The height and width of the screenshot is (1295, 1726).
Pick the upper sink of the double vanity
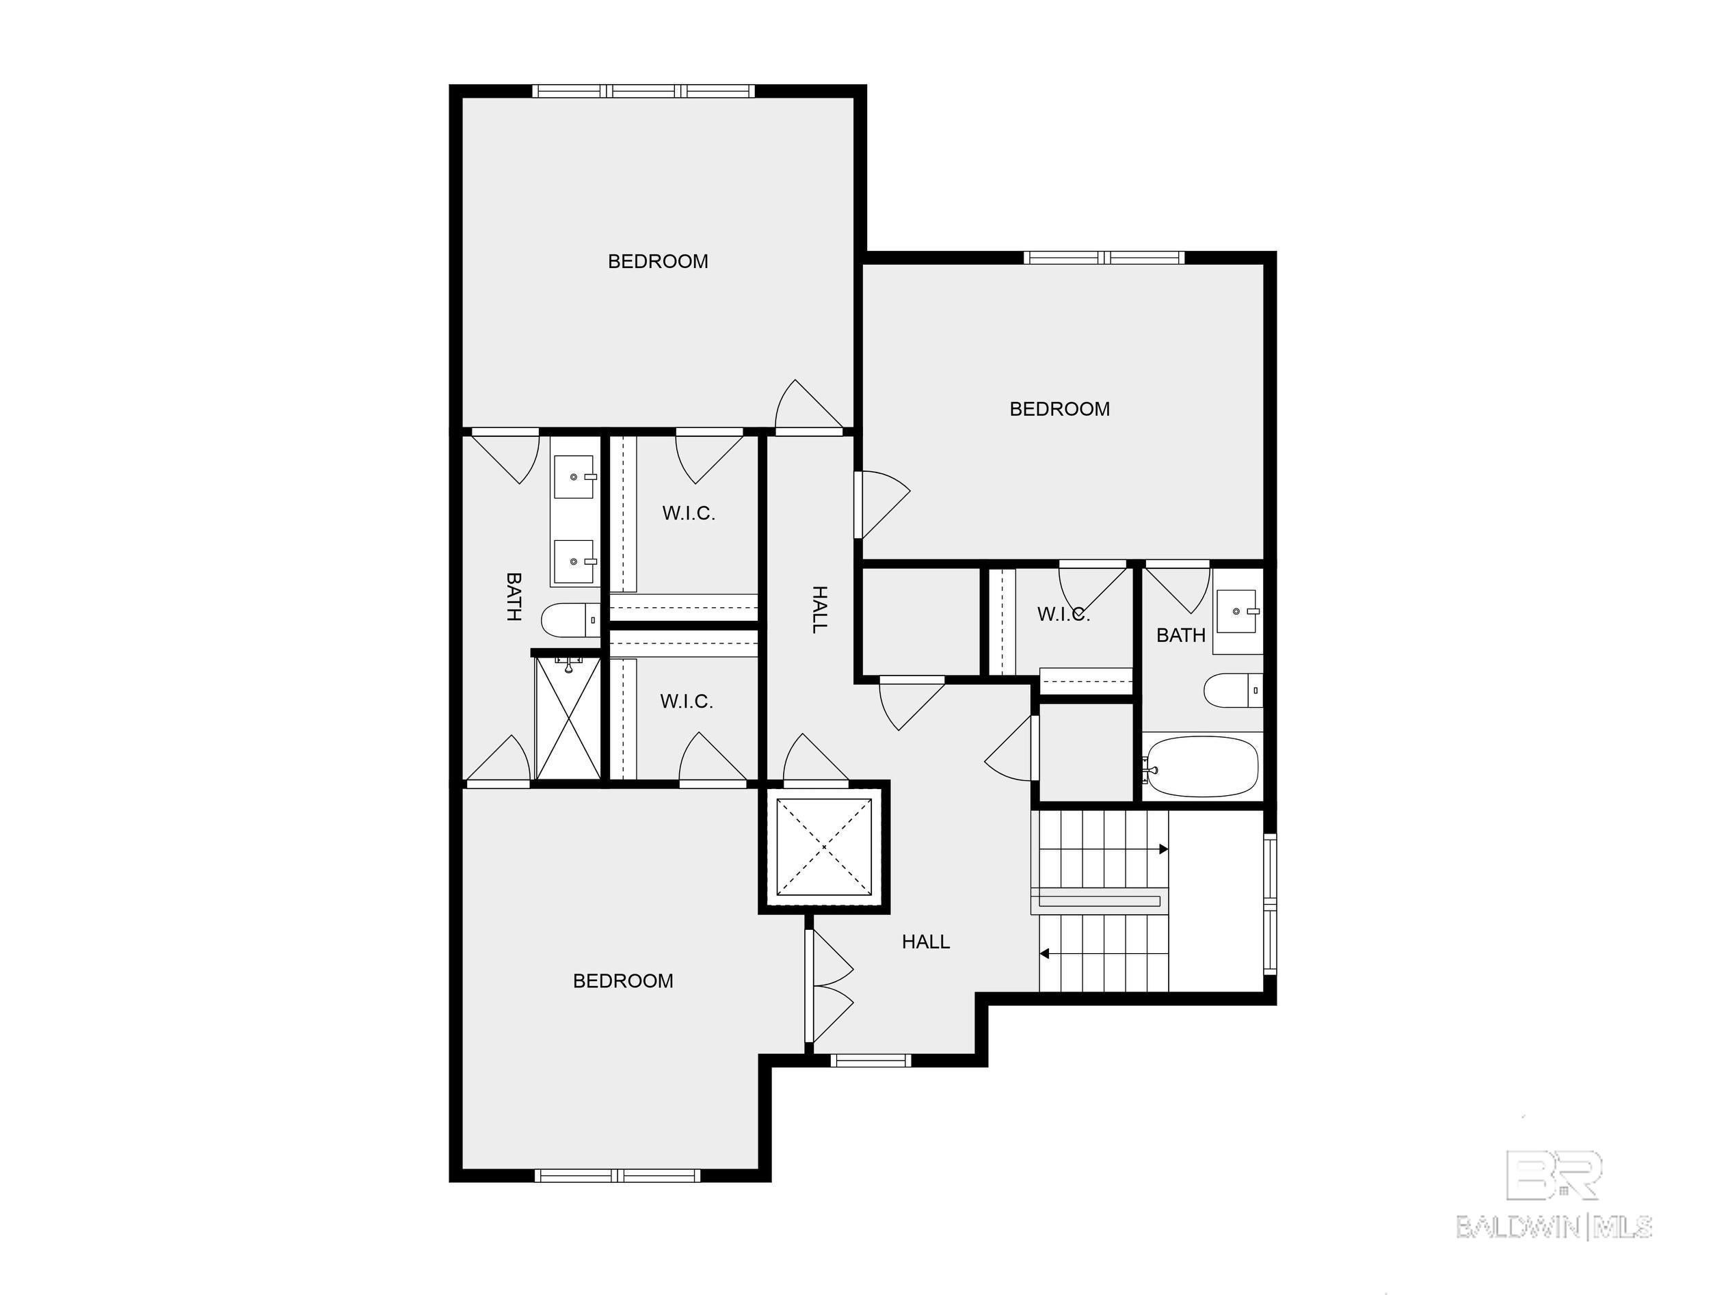[575, 477]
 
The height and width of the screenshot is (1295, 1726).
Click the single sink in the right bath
[1236, 613]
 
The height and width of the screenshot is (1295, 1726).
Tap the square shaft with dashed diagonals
[824, 847]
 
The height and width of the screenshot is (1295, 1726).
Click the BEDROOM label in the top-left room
[658, 261]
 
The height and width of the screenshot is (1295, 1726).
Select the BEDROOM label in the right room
[1059, 409]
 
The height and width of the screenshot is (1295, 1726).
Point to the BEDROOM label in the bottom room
[623, 980]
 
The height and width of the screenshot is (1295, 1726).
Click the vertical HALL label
[819, 609]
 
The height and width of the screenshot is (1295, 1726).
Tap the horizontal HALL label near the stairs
[925, 942]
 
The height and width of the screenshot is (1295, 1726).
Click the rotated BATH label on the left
[514, 596]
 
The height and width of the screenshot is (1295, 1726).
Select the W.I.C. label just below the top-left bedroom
[688, 513]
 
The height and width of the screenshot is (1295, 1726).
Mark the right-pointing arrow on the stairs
[1163, 849]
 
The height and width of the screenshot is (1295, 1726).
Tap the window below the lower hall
[869, 1060]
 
